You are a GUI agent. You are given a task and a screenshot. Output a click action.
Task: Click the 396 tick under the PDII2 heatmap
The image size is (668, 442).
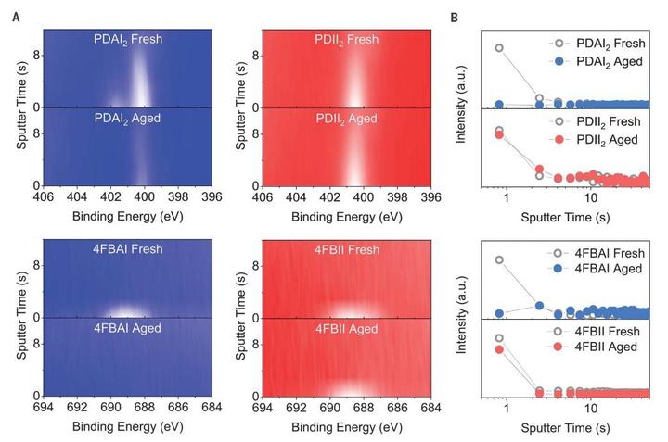pos(430,198)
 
